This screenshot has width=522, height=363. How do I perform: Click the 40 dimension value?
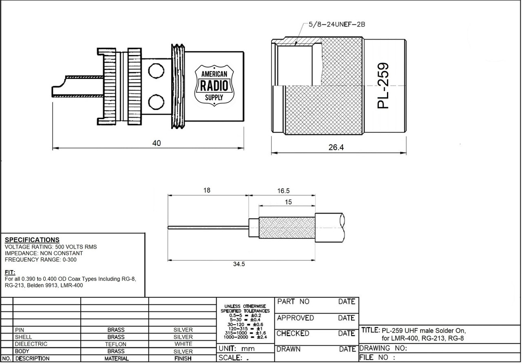(x=157, y=143)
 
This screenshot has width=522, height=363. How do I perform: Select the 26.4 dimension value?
(x=336, y=147)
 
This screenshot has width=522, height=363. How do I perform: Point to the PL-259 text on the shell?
(x=384, y=86)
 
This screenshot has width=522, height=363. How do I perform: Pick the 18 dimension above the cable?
(x=207, y=190)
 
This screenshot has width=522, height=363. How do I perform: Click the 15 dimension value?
(x=288, y=201)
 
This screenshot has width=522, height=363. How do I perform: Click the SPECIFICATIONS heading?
(x=32, y=240)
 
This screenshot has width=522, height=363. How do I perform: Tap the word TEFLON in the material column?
(x=116, y=344)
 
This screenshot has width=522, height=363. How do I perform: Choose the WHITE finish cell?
(x=183, y=344)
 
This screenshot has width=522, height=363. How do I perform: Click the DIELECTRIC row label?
(x=31, y=344)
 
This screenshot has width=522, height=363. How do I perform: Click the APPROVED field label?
(x=295, y=318)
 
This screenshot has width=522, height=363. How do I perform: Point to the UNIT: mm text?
(x=237, y=349)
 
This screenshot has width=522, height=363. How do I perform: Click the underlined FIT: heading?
(x=10, y=272)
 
